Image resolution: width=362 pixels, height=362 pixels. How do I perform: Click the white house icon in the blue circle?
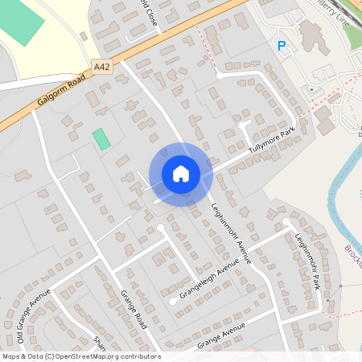pos(181,173)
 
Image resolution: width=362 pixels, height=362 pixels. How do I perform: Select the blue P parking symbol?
pos(281,47)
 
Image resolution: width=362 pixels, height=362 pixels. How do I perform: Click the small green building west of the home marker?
pos(101,138)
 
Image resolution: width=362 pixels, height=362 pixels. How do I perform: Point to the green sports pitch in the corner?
pos(24,23)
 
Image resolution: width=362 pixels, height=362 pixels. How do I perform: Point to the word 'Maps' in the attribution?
pos(11,356)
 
